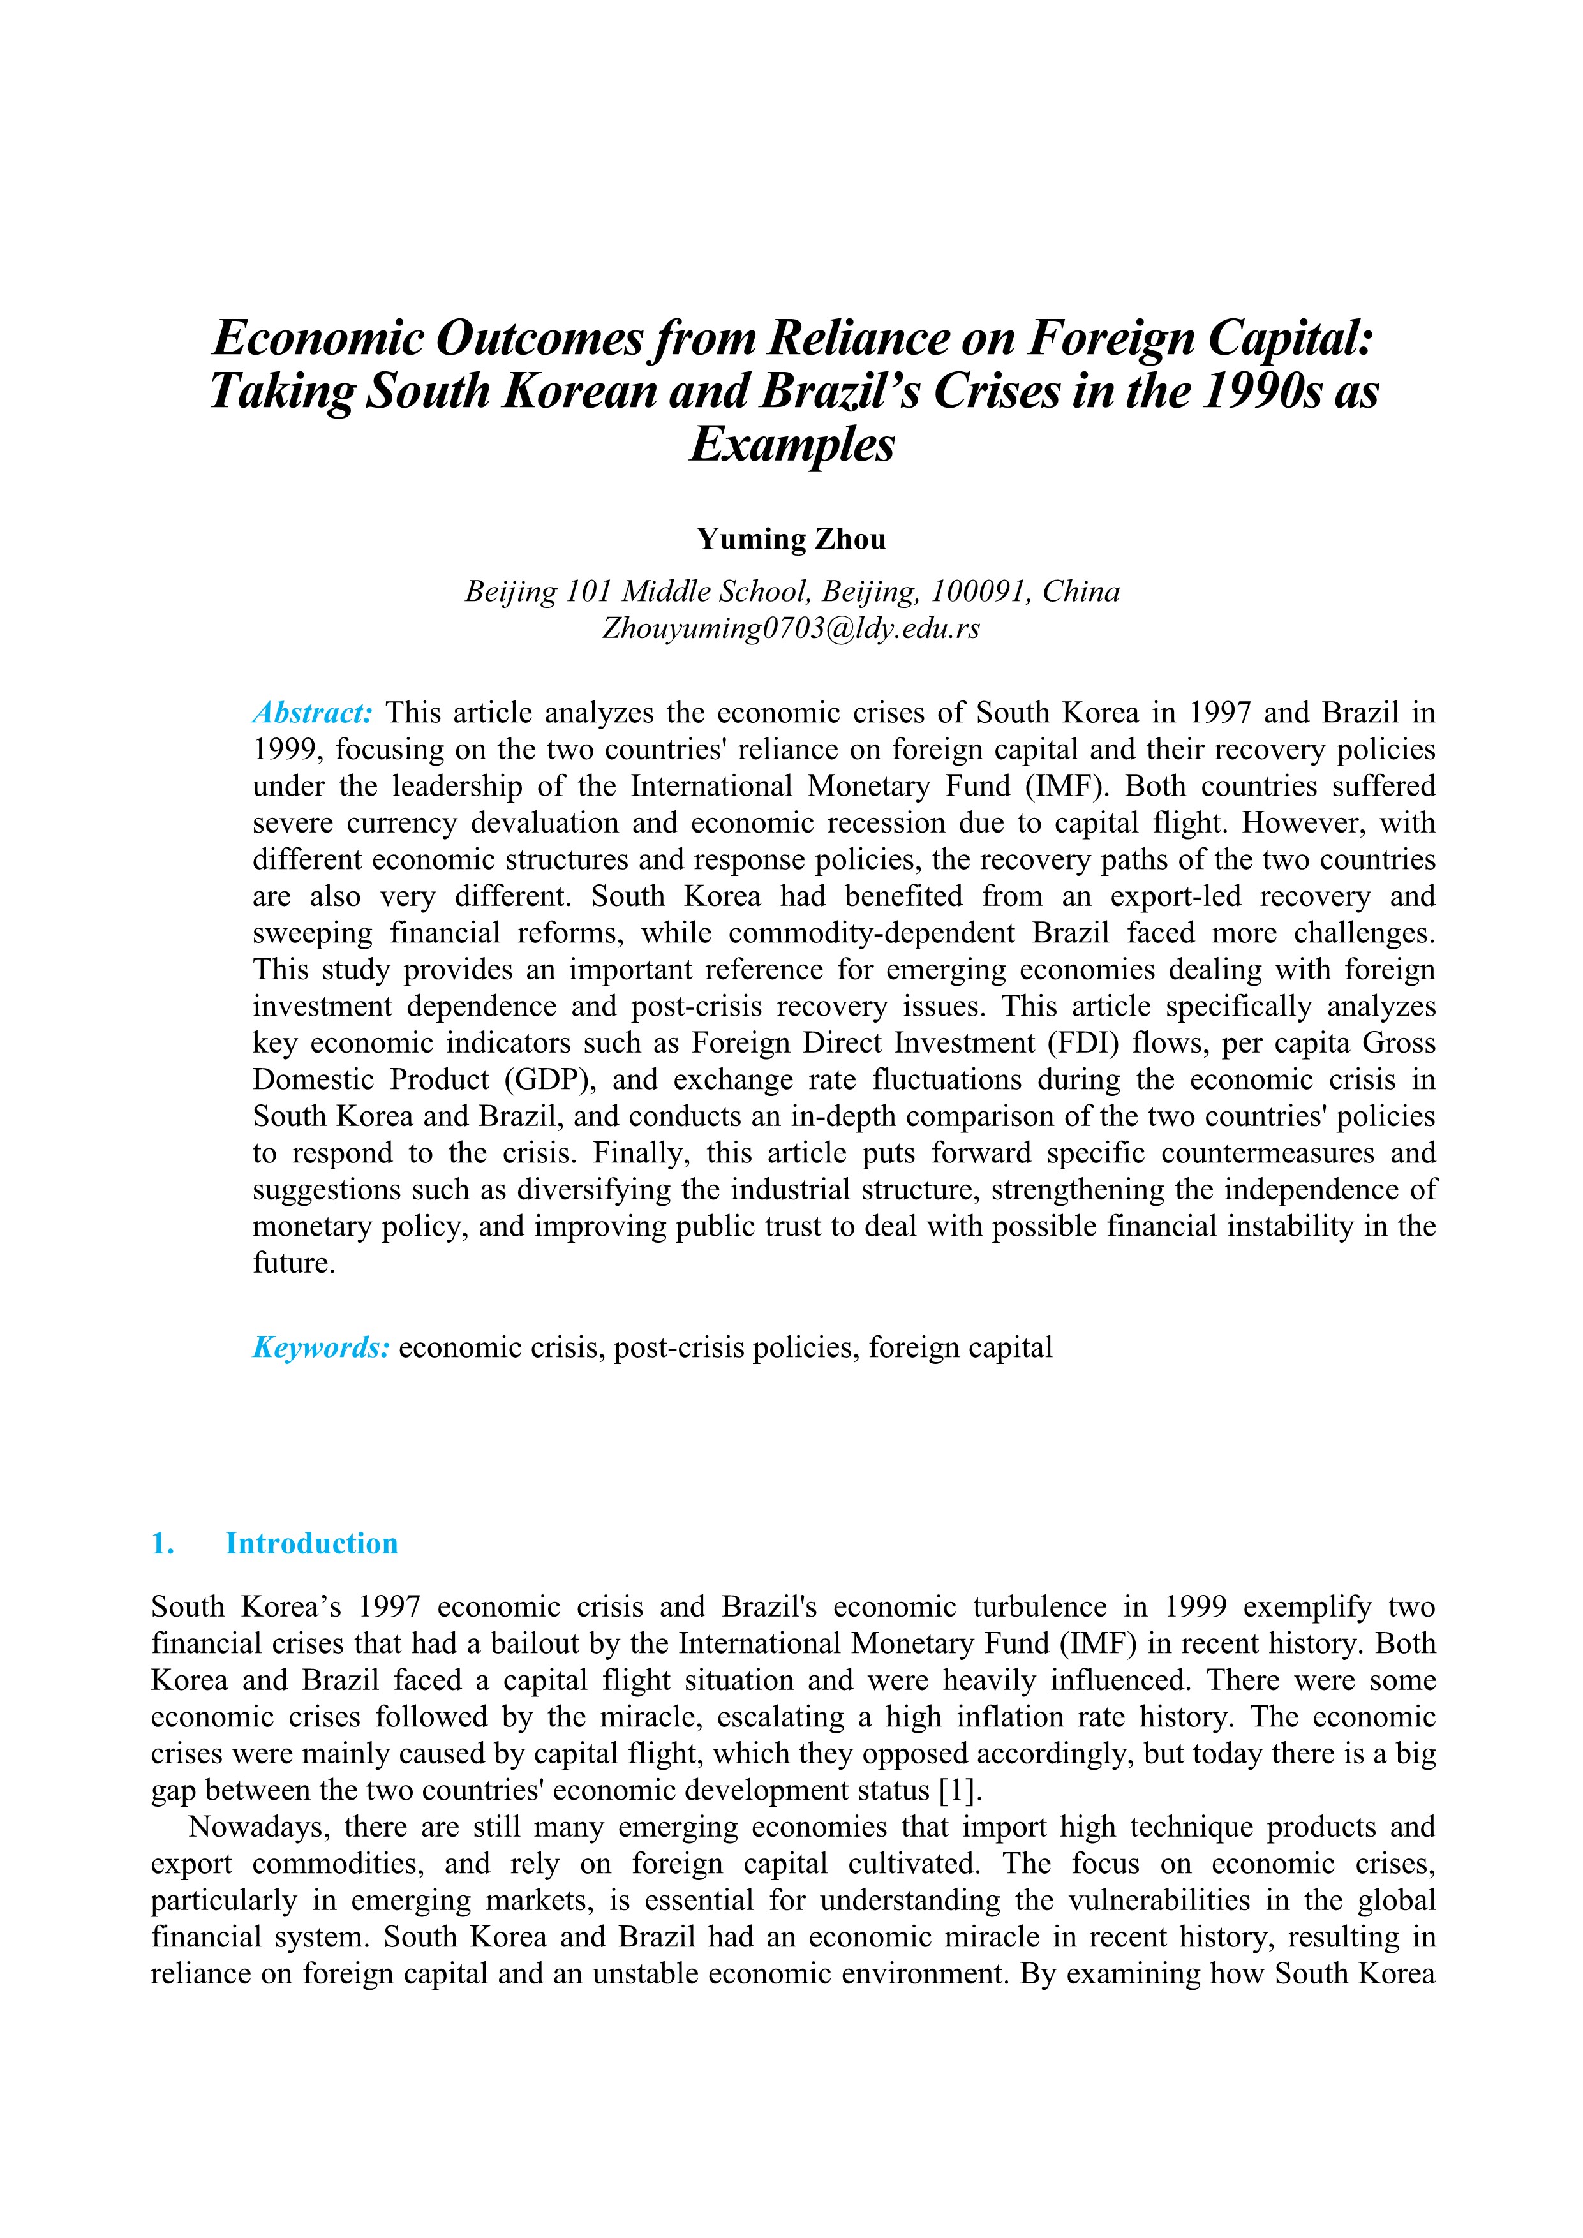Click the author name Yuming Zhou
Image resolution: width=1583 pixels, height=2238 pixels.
coord(791,539)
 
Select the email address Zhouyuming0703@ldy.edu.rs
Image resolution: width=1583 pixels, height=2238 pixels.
coord(791,628)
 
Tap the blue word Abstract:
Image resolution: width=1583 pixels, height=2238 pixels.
coord(313,713)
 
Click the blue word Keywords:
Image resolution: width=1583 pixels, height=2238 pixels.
coord(322,1348)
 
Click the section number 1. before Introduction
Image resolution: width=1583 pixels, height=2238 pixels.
coord(163,1543)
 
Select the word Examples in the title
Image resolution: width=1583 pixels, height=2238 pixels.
coord(791,445)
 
